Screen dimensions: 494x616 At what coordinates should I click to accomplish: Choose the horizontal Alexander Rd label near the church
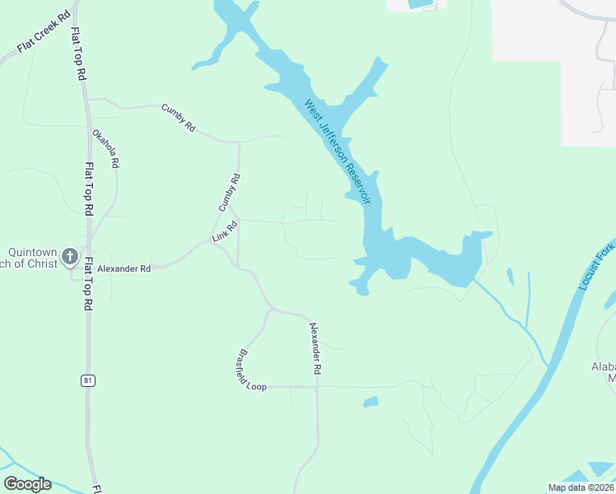124,268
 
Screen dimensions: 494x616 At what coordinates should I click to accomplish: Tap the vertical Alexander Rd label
314,348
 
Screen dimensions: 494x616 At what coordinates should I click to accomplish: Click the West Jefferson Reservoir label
338,151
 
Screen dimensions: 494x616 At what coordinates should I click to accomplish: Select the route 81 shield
87,380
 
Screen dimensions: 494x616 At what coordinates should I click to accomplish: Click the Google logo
27,484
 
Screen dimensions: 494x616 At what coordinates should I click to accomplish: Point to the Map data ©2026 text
581,487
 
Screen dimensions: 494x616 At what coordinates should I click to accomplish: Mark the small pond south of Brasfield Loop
371,403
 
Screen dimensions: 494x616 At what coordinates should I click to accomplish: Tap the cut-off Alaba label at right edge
604,372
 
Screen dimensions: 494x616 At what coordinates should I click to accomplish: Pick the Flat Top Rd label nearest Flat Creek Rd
79,53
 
